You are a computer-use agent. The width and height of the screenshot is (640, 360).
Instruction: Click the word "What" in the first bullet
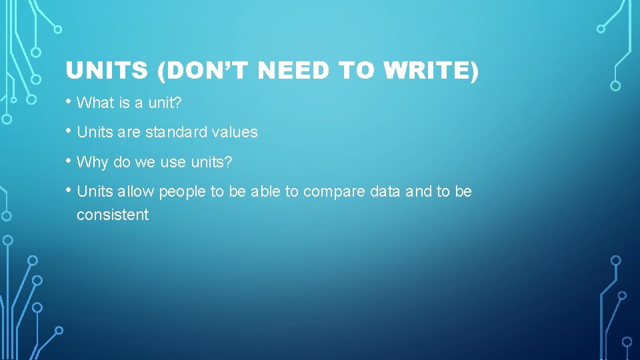pos(93,103)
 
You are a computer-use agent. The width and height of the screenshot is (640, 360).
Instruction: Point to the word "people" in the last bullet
pos(182,192)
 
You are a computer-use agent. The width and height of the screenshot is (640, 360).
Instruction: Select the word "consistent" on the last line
pos(113,215)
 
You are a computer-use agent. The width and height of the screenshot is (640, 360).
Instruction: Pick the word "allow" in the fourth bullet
pos(135,192)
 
